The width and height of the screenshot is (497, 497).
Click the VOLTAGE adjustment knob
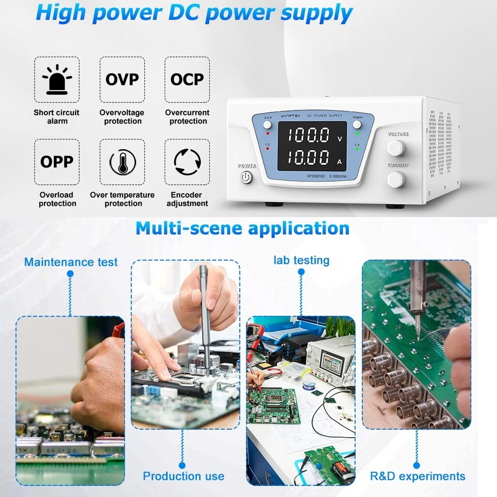[x=397, y=149]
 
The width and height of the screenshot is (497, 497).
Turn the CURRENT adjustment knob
[x=397, y=180]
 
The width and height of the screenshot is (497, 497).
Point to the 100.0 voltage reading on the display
[x=309, y=136]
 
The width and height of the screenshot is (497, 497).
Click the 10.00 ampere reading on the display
[x=309, y=157]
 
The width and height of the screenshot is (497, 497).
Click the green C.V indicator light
[x=357, y=149]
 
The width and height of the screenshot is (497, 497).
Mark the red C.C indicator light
[x=268, y=149]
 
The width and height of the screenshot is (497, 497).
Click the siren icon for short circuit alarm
[x=57, y=80]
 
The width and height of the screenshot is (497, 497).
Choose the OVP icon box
[x=122, y=80]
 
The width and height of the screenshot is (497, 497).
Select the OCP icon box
[x=187, y=80]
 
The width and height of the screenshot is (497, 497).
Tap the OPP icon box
[x=57, y=162]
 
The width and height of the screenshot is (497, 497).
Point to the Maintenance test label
[x=71, y=262]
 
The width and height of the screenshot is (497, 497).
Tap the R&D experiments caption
[x=417, y=476]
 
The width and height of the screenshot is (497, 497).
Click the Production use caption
[x=183, y=476]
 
